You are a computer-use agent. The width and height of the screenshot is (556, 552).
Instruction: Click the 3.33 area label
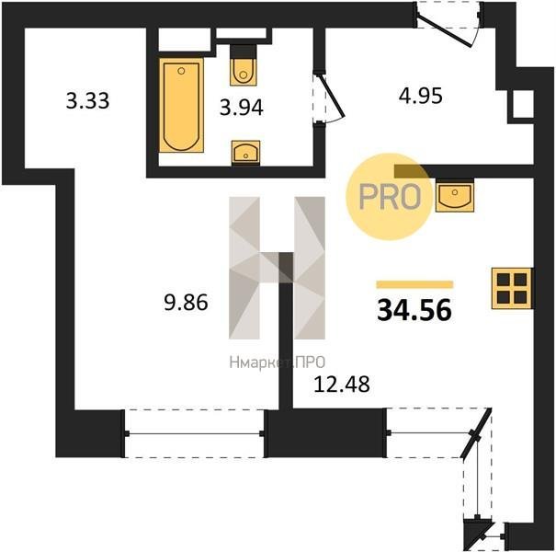(87, 100)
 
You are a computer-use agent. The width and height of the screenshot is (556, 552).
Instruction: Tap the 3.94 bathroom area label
(242, 108)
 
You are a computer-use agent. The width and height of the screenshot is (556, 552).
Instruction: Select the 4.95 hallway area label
(421, 96)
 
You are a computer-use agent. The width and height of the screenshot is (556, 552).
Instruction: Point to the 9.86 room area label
(186, 304)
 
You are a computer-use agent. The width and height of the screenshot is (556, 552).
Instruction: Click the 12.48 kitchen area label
(342, 384)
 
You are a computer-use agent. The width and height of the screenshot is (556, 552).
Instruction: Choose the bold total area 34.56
(414, 310)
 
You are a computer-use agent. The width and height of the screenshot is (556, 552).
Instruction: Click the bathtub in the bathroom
(181, 105)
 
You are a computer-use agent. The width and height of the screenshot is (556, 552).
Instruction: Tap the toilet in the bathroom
(244, 66)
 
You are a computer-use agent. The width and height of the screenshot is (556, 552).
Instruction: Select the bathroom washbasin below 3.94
(245, 153)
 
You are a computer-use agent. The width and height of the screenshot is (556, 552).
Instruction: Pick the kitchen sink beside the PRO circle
(455, 196)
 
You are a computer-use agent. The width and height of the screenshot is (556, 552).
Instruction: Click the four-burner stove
(512, 288)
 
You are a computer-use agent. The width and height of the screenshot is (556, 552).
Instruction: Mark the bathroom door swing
(329, 98)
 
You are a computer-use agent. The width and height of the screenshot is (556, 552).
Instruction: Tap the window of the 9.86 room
(194, 433)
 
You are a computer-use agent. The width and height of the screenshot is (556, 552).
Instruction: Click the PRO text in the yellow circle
(390, 196)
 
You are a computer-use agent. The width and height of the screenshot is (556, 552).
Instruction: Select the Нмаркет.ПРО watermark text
(277, 362)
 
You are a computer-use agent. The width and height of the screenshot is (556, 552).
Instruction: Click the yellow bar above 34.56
(414, 284)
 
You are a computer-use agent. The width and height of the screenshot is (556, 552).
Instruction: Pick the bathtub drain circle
(181, 71)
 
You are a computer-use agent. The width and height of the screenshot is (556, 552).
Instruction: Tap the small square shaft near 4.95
(523, 104)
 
